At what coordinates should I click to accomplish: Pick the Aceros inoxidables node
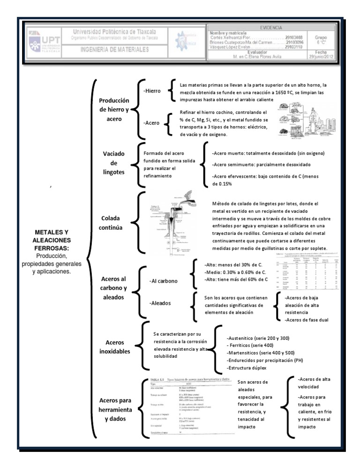point(115,347)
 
